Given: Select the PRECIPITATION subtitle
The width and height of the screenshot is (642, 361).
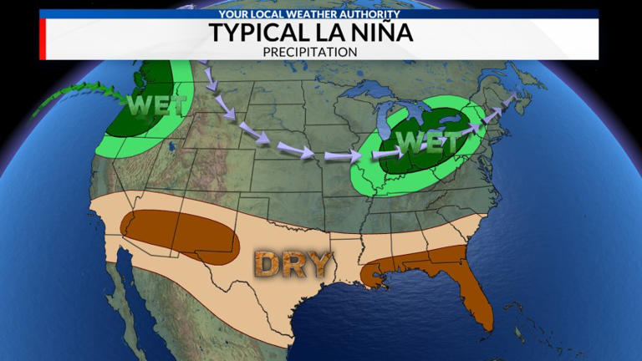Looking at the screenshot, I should pos(321,51).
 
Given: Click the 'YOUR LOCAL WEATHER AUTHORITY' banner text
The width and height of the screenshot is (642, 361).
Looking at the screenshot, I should pos(321,14).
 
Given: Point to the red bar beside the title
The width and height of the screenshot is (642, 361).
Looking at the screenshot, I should pos(42,38).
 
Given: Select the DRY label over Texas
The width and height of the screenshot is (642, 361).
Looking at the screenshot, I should pos(293,263).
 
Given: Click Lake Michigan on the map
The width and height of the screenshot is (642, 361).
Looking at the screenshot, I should pos(385,125).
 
